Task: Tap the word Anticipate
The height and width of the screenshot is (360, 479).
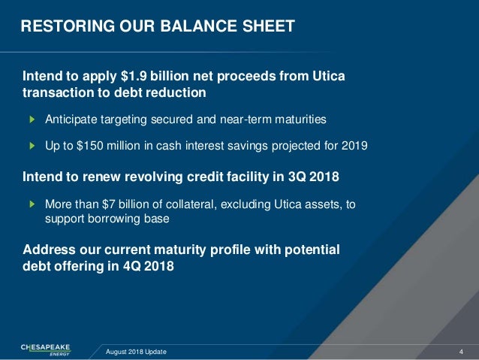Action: pos(73,119)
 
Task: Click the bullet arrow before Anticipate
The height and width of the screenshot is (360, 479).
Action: pos(32,119)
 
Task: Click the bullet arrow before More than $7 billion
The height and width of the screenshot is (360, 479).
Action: pos(32,204)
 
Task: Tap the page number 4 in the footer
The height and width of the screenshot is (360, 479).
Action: pos(460,351)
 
